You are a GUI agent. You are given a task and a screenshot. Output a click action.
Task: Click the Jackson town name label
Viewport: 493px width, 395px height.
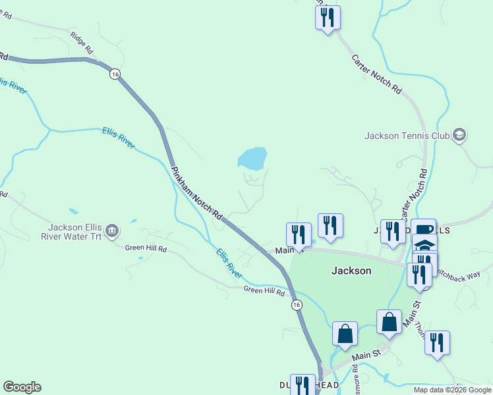[351, 271]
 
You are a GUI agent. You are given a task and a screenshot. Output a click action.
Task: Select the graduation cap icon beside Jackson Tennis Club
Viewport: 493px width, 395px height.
[460, 136]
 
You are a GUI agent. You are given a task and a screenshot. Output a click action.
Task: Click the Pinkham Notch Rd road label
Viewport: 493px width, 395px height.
[196, 192]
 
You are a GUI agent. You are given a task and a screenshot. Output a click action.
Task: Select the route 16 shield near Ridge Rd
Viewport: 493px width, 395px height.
[115, 74]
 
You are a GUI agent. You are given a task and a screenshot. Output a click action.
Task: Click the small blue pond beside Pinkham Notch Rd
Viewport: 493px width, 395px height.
[252, 159]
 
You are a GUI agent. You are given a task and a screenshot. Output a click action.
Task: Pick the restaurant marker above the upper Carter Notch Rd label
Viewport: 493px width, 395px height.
[328, 18]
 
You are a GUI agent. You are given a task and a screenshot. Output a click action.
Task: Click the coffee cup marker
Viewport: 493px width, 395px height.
[424, 230]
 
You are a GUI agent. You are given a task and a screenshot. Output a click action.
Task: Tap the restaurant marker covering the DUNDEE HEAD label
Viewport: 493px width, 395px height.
[303, 386]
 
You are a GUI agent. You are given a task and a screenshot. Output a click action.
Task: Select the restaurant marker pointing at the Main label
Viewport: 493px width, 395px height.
[299, 235]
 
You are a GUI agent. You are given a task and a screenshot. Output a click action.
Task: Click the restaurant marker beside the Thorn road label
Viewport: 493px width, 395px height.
[437, 343]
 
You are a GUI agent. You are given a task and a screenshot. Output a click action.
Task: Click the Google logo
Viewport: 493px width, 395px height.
[22, 387]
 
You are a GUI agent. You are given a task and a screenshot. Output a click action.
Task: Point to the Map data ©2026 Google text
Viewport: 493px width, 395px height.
[452, 390]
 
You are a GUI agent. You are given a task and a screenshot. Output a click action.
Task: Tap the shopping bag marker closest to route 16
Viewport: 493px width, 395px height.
[345, 334]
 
